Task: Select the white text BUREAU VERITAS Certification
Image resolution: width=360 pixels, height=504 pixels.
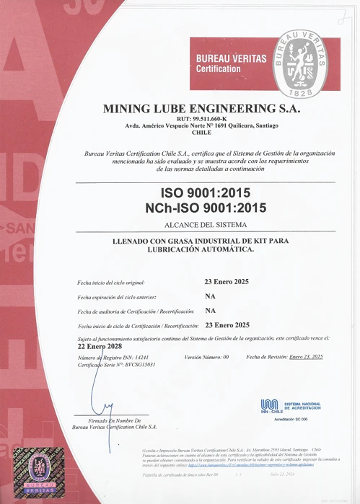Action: click(x=231, y=63)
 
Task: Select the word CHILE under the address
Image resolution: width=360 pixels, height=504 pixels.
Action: click(x=201, y=133)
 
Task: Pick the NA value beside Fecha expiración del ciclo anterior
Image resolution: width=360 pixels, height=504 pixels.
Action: click(x=211, y=296)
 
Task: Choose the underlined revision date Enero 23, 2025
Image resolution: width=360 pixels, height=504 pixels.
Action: click(x=305, y=357)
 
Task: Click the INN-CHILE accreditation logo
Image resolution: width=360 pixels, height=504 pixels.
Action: click(x=270, y=405)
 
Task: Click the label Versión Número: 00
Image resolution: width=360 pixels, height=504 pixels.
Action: click(x=206, y=357)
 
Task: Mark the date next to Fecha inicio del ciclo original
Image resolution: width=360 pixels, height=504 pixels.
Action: click(x=227, y=281)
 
